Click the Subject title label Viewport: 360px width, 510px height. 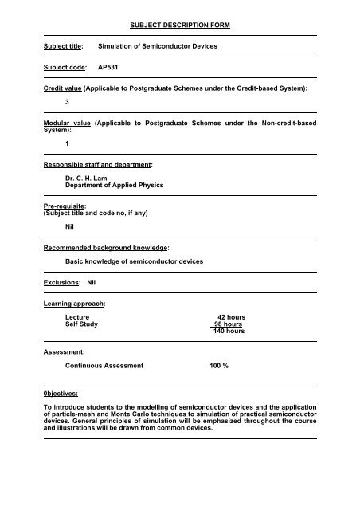64,48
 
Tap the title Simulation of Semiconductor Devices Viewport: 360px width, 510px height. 156,48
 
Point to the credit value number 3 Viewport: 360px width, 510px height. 68,103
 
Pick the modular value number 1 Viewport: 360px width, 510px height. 68,143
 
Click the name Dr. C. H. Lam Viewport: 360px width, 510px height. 92,177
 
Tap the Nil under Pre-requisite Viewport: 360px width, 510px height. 71,226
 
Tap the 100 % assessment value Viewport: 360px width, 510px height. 214,365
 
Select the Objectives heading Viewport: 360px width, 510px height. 66,393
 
